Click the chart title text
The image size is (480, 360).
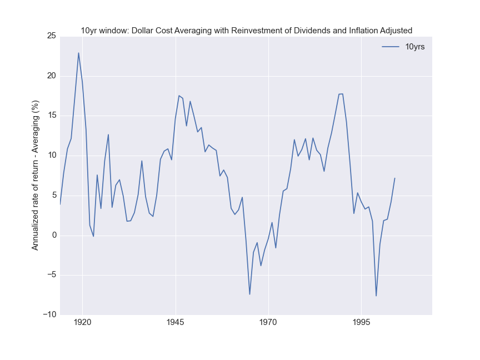tap(246, 30)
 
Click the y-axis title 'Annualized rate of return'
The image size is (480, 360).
tap(36, 175)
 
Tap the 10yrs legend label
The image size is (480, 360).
tap(415, 47)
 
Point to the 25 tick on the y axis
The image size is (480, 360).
tap(51, 36)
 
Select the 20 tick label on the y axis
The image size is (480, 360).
tap(51, 76)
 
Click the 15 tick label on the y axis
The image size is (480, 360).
tap(51, 116)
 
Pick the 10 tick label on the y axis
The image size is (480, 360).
tap(51, 156)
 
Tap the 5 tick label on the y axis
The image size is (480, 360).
tap(53, 195)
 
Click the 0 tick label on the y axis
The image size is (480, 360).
tap(53, 235)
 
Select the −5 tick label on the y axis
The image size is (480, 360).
tap(51, 275)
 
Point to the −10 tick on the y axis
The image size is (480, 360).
tap(49, 314)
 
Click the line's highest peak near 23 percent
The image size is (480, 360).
tap(78, 53)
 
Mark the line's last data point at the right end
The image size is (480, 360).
tap(394, 178)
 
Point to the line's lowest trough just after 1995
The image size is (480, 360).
tap(376, 296)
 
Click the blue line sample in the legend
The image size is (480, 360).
tap(391, 47)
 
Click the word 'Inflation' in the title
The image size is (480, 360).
tap(356, 30)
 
